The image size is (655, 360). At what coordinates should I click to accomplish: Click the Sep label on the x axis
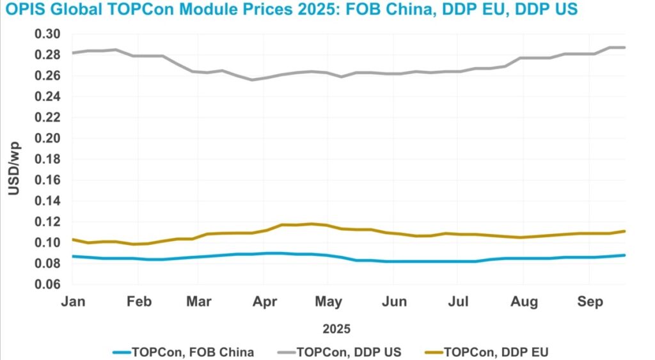click(590, 301)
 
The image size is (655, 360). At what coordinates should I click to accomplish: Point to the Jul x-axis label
click(457, 301)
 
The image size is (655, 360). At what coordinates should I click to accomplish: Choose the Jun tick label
click(394, 301)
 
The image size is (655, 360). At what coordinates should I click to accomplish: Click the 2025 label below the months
click(337, 329)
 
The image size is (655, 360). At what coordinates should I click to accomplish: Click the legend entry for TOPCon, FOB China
click(192, 351)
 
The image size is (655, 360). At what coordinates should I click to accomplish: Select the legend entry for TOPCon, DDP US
click(349, 351)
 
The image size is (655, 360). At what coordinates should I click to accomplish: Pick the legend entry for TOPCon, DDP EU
click(496, 351)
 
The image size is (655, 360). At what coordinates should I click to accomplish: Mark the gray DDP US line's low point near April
click(253, 80)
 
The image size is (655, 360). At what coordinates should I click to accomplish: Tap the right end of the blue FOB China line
click(624, 255)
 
